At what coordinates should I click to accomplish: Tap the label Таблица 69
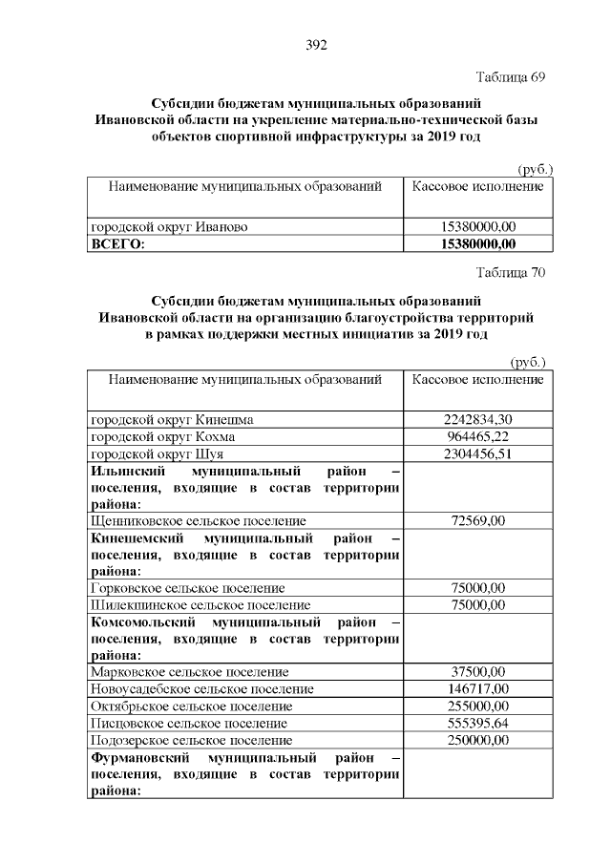510,76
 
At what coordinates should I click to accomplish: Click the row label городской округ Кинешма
172,419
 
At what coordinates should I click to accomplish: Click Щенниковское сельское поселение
198,521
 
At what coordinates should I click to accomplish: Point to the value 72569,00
478,521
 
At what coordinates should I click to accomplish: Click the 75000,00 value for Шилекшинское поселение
478,605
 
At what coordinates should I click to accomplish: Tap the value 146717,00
478,689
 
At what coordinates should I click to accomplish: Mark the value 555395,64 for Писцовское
478,724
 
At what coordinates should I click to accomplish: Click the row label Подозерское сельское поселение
191,741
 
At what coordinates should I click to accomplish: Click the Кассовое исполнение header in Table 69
478,185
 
